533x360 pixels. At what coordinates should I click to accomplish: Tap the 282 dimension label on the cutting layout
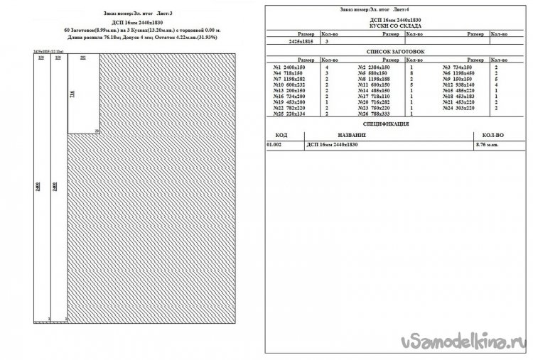point(84,58)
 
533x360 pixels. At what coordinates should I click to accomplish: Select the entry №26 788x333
point(374,114)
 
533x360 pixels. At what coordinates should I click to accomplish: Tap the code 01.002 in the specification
point(274,145)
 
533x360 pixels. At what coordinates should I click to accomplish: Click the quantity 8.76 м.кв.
point(486,145)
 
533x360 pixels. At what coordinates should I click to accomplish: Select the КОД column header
point(281,134)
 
